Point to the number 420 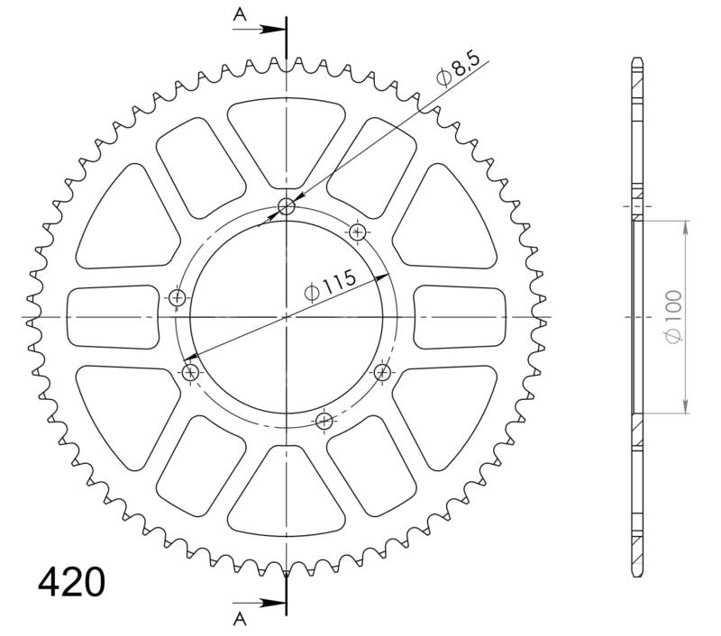[x=71, y=583]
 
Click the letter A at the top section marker [x=240, y=14]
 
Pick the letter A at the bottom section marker [x=240, y=617]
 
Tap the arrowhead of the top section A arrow [x=278, y=29]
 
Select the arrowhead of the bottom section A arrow [x=278, y=602]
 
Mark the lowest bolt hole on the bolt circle [x=325, y=420]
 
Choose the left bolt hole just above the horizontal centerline [x=178, y=297]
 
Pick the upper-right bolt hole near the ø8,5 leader [x=359, y=232]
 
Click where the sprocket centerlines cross [x=287, y=317]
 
